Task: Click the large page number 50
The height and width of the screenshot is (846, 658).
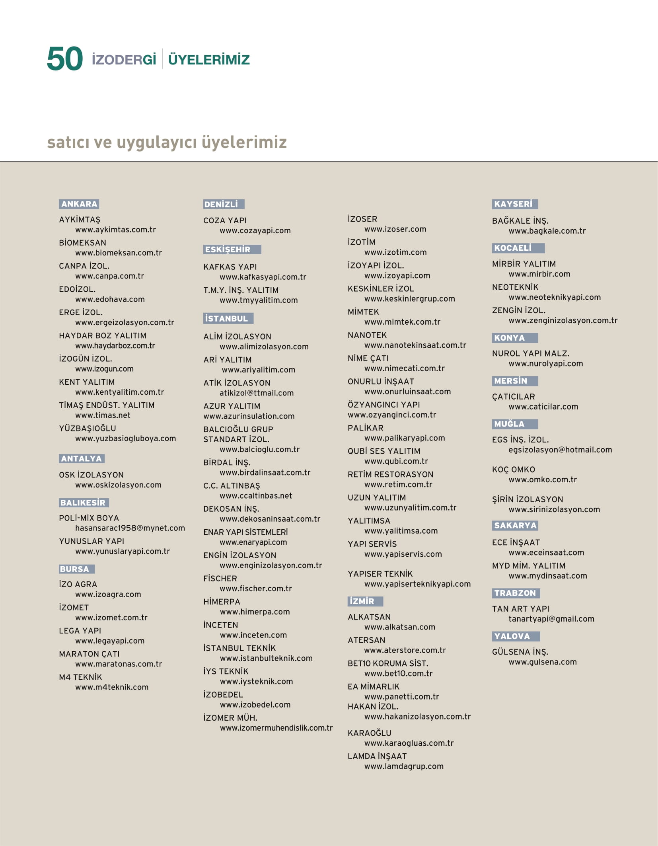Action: coord(64,59)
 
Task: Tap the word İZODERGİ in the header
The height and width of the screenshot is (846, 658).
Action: coord(124,60)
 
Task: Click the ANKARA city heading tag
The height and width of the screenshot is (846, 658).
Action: coord(79,204)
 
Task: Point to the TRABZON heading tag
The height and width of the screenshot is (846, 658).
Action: coord(515,593)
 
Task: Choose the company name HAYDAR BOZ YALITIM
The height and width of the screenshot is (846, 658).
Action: coord(103,335)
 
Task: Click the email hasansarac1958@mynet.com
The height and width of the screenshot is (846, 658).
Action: coord(130,528)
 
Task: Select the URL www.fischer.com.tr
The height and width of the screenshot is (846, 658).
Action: coord(256,589)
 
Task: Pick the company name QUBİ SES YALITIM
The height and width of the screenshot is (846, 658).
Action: coord(384,451)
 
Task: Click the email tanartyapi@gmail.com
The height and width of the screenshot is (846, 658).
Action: coord(551,619)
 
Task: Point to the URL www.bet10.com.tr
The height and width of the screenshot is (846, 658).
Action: coord(398,673)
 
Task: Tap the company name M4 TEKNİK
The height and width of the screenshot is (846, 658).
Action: coord(80,677)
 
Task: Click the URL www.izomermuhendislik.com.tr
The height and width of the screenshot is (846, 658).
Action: coord(276,728)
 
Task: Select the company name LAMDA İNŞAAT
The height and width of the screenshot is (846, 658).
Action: coord(377,756)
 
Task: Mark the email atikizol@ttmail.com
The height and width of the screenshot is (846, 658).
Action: coord(257,393)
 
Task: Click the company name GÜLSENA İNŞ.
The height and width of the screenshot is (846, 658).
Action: coord(520,652)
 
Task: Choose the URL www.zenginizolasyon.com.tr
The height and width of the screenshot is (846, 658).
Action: coord(563,320)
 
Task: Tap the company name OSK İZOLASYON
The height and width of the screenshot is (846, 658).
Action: coord(91,475)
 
